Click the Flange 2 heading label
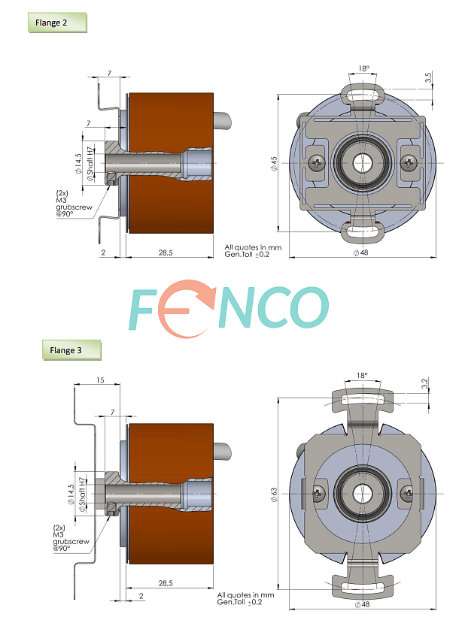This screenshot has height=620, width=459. [51, 23]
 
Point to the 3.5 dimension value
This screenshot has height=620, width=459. [428, 78]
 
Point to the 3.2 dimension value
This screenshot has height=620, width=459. [425, 384]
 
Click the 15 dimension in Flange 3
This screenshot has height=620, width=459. [101, 380]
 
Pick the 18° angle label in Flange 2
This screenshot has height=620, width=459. [364, 68]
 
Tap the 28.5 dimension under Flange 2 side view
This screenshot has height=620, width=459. [166, 253]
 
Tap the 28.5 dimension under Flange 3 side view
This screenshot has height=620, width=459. [166, 582]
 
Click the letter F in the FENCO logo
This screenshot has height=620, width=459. [147, 308]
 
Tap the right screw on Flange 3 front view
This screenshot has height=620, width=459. [407, 494]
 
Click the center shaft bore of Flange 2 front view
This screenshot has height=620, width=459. [363, 162]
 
